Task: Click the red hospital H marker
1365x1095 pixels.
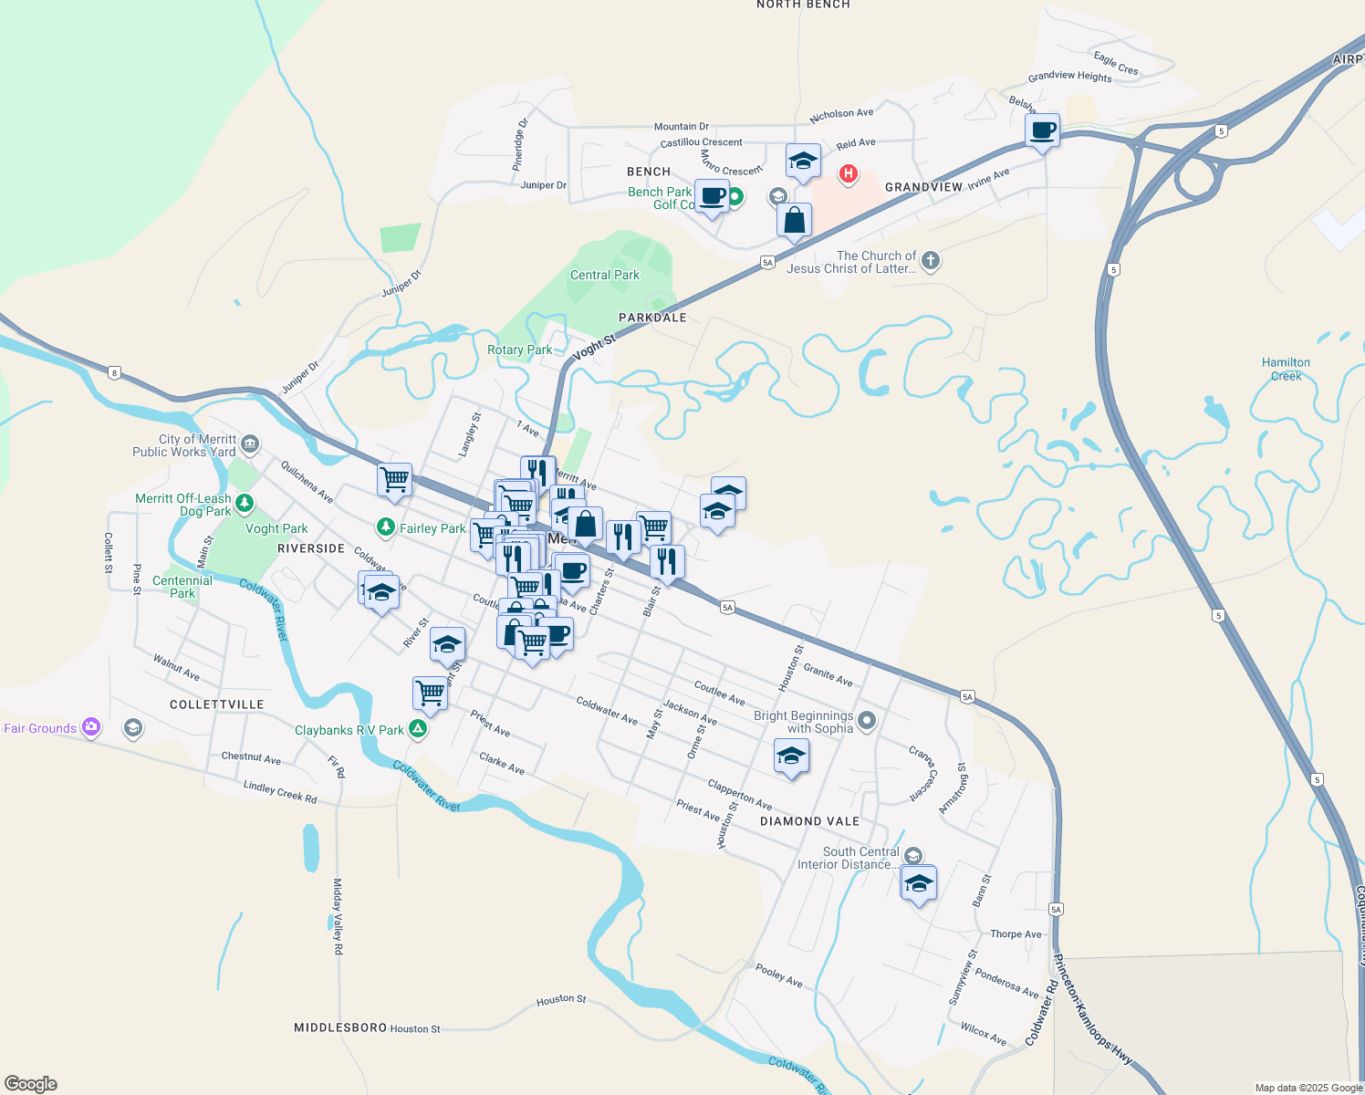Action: tap(848, 172)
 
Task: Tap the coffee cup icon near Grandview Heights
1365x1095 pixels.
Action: tap(1042, 130)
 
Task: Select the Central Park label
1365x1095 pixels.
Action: tap(604, 275)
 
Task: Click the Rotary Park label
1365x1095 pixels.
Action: tap(519, 349)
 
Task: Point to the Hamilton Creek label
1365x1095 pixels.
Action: tap(1286, 369)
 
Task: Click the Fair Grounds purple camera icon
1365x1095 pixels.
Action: tap(90, 727)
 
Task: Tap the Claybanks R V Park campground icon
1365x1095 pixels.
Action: tap(417, 728)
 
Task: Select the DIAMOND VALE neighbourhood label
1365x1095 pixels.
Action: tap(809, 821)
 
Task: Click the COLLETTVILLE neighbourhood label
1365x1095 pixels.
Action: tap(217, 704)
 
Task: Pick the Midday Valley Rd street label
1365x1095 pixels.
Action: tap(338, 916)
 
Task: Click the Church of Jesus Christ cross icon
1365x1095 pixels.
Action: tap(930, 261)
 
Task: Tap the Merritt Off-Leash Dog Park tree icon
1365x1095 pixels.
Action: tap(244, 503)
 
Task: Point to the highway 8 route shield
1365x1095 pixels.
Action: tap(114, 372)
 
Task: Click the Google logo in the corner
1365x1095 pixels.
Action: tap(31, 1083)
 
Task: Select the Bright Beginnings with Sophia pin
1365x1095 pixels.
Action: tap(867, 721)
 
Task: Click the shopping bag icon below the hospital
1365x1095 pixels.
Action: tap(794, 221)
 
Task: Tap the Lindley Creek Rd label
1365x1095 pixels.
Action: tap(280, 792)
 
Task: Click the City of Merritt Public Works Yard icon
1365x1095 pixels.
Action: tap(250, 444)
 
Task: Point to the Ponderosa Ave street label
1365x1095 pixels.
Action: tap(1006, 983)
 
